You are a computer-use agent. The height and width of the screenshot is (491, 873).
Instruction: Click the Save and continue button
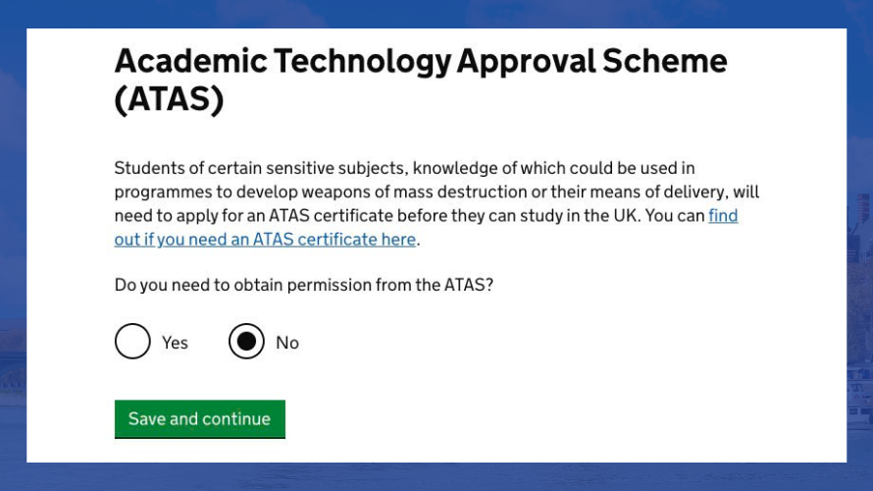[x=200, y=419]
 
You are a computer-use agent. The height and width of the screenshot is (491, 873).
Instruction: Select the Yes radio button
[x=132, y=341]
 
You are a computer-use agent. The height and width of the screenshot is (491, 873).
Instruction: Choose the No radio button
[x=246, y=341]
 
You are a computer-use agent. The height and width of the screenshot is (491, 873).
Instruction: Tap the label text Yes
[x=175, y=343]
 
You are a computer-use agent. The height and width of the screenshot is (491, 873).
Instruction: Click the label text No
[x=287, y=343]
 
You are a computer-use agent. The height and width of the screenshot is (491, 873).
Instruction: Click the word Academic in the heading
[x=191, y=61]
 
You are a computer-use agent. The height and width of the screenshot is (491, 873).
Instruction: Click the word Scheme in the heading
[x=665, y=61]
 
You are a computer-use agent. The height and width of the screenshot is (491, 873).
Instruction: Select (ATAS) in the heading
[x=170, y=99]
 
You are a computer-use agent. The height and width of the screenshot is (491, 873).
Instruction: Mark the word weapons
[x=335, y=192]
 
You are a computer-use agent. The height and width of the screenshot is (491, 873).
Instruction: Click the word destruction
[x=483, y=191]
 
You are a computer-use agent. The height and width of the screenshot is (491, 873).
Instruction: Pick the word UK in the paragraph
[x=627, y=216]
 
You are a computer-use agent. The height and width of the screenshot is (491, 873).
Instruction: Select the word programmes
[x=163, y=193]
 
